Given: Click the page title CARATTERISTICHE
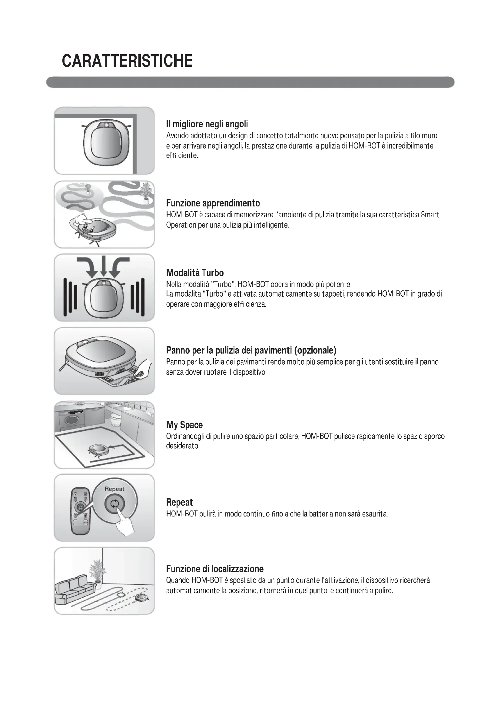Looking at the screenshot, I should coord(127,61).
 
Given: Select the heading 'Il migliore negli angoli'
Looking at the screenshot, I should coord(207,124).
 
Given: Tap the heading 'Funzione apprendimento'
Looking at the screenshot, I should coord(213,203).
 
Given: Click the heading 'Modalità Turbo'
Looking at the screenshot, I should coord(195,273).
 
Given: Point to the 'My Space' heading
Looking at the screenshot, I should coord(184,425).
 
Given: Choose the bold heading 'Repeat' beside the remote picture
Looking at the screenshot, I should coord(179,502).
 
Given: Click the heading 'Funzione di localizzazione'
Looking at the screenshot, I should coord(215,569).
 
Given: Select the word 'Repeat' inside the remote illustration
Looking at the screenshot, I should coord(114,489).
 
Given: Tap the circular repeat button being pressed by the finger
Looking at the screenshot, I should coord(114,504).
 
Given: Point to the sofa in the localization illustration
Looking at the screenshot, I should coord(73,589).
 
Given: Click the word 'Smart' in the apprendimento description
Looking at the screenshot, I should coord(430,215).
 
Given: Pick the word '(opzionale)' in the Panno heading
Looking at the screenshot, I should coord(315,350).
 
